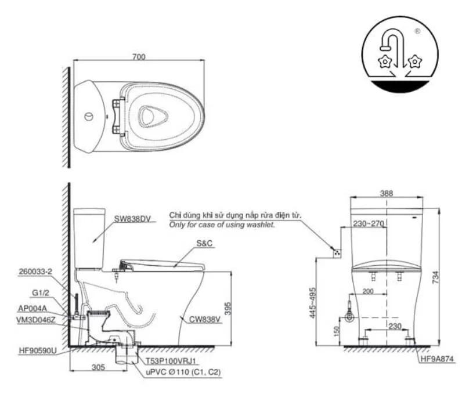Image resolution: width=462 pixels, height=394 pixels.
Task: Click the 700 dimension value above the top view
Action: click(x=139, y=56)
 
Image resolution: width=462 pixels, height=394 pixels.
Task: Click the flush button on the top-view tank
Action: click(x=88, y=116)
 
